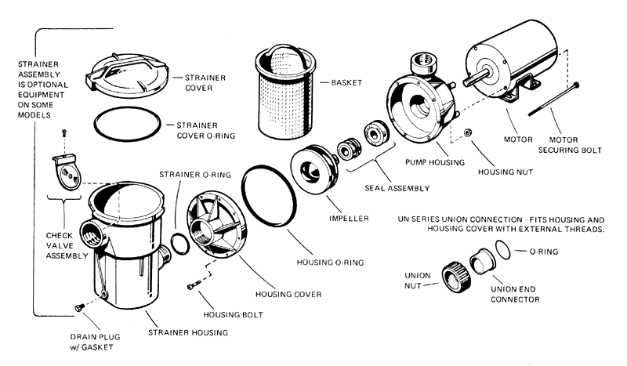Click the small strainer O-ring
tap(179, 244)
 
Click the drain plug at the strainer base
tap(78, 308)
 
